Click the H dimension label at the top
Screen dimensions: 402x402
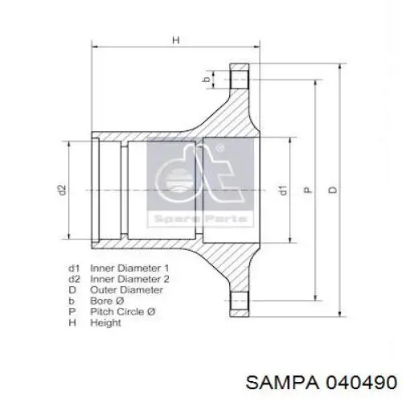click(x=176, y=40)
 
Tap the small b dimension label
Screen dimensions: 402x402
click(x=207, y=80)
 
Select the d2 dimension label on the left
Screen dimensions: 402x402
click(x=62, y=190)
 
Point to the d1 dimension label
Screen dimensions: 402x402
click(x=283, y=190)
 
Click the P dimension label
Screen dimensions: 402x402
click(x=308, y=190)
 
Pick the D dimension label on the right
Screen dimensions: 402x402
click(x=333, y=190)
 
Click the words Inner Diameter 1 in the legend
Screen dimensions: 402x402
click(x=129, y=268)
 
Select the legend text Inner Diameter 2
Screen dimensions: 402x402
click(x=129, y=279)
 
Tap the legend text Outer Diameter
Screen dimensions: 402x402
click(x=126, y=289)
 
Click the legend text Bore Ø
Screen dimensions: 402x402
click(x=107, y=301)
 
